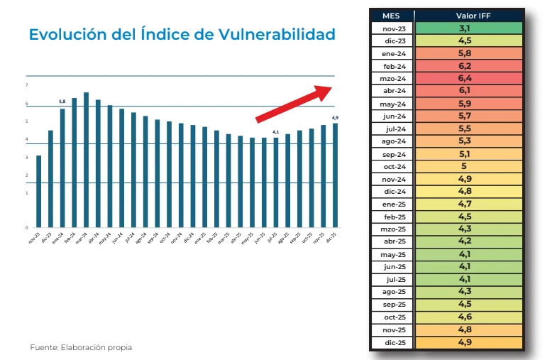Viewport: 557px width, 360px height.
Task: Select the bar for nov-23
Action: pos(38,192)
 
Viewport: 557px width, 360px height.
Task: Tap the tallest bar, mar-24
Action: pos(86,160)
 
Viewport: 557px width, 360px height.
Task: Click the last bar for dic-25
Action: pos(335,175)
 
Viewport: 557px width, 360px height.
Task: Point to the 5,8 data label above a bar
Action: pos(62,102)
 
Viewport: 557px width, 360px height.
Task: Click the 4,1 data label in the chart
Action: pos(276,131)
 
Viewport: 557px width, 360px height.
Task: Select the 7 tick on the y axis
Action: pos(27,85)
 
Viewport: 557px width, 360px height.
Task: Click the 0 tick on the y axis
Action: pos(27,228)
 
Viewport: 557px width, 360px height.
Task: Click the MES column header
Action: pos(392,16)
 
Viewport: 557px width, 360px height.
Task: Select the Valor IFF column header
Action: pos(468,16)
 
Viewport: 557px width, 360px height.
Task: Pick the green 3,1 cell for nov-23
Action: pos(468,28)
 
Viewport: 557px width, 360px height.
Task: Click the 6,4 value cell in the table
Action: pos(468,78)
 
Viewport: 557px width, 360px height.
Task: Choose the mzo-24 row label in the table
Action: pos(392,78)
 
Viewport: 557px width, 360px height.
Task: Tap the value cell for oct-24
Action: pos(468,166)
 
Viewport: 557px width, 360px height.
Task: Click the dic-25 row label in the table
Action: pos(392,342)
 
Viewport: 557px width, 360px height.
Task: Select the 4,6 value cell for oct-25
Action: pos(468,317)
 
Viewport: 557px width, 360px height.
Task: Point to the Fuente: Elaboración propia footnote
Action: pos(81,347)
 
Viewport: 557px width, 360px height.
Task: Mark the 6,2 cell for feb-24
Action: pos(468,65)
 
